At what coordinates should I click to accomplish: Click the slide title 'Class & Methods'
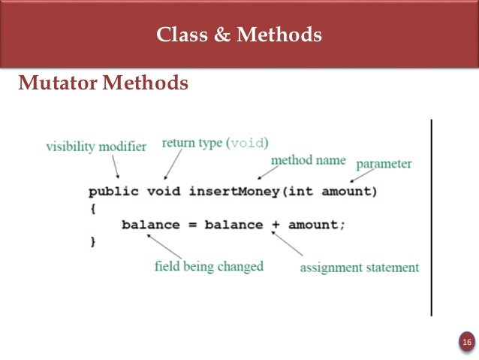(x=239, y=35)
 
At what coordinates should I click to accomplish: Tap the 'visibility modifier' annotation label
(x=95, y=147)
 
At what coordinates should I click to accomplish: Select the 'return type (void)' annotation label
(x=215, y=142)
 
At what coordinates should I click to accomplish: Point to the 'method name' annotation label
(x=308, y=160)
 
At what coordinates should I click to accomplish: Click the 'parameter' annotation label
(x=383, y=163)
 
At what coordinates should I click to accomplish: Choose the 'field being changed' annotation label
(x=209, y=266)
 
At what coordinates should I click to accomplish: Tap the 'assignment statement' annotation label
(x=360, y=267)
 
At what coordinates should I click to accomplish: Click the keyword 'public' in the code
(x=113, y=191)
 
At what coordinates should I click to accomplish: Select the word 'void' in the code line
(x=163, y=191)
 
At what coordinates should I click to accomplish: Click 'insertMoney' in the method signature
(x=233, y=191)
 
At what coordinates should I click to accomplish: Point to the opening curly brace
(x=92, y=208)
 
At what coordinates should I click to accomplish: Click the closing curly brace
(x=92, y=241)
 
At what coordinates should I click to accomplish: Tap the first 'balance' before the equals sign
(x=150, y=225)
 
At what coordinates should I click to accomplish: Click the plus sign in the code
(x=276, y=225)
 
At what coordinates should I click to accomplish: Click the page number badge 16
(x=466, y=343)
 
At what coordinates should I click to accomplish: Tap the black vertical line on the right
(x=432, y=217)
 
